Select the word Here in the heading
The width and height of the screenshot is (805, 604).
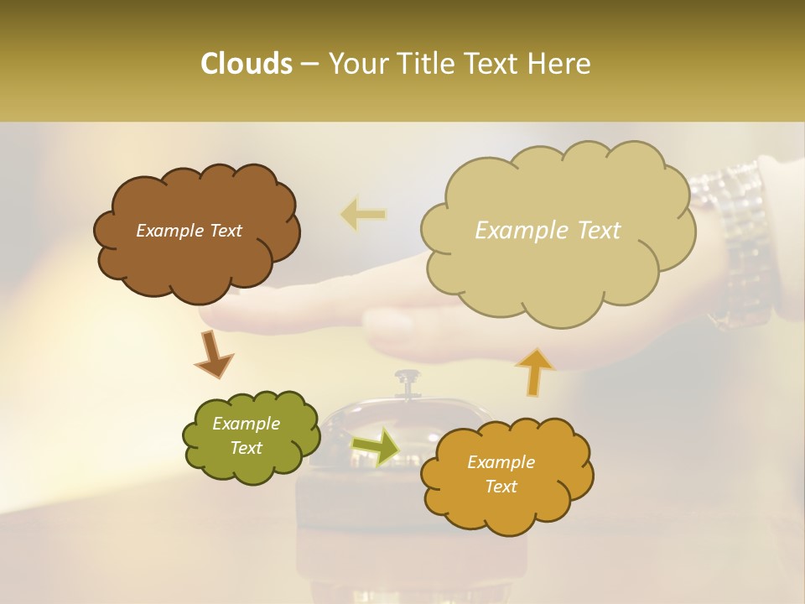click(x=561, y=64)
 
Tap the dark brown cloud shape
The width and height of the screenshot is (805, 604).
click(x=196, y=252)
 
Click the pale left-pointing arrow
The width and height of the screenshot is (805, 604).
click(x=363, y=215)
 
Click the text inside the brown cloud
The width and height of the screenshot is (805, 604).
click(x=189, y=231)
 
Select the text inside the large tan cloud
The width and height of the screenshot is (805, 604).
click(x=548, y=231)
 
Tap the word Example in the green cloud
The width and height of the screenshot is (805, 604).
click(x=246, y=424)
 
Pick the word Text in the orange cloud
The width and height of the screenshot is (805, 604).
click(x=501, y=487)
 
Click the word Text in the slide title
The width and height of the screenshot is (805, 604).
click(x=495, y=64)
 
